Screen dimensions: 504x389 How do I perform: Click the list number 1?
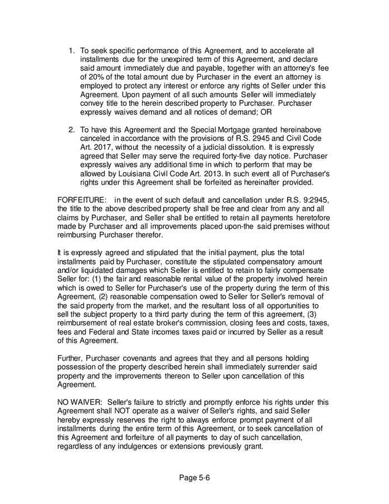point(71,50)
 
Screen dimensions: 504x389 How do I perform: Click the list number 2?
point(71,130)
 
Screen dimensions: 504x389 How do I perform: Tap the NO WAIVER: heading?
point(81,402)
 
